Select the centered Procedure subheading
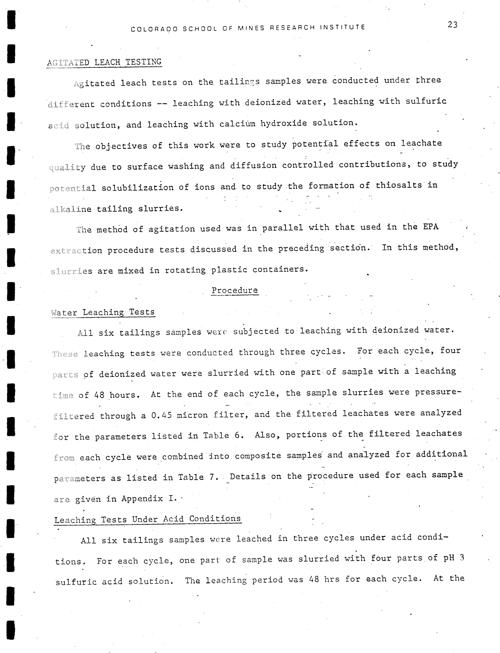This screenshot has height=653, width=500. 234,290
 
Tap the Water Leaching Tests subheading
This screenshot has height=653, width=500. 103,312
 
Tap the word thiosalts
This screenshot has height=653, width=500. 399,185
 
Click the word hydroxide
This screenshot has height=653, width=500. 283,123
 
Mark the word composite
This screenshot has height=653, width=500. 258,456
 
